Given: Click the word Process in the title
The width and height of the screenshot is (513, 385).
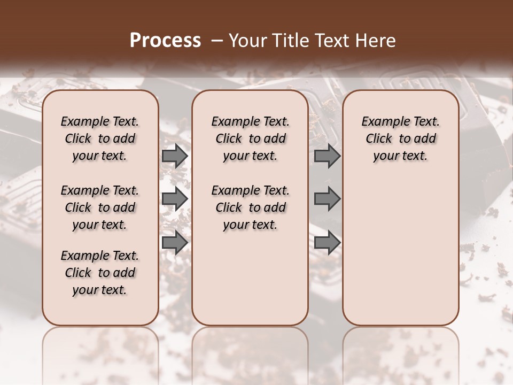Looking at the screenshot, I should click(x=165, y=40).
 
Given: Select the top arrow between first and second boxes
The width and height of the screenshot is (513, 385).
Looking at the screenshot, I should click(x=174, y=156).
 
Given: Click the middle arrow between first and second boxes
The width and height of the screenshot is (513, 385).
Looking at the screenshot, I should click(x=174, y=199).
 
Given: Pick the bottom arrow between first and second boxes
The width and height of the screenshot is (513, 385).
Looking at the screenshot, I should click(x=174, y=242).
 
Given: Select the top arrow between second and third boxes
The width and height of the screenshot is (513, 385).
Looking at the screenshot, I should click(x=327, y=156).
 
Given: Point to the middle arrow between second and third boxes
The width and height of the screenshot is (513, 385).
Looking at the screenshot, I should click(x=327, y=199).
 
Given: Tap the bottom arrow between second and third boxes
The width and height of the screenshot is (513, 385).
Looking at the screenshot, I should click(x=327, y=242).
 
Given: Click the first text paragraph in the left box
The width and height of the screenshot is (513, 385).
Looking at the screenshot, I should click(x=100, y=138).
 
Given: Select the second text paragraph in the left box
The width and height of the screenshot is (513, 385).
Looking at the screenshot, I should click(x=100, y=207).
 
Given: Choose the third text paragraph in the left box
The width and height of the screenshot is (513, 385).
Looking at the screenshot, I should click(x=100, y=273).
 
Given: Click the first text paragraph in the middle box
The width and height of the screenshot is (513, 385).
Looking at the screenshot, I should click(x=250, y=138).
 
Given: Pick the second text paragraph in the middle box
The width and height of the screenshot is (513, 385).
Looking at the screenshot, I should click(x=250, y=207).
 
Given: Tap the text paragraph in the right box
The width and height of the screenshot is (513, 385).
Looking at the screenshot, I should click(x=400, y=138).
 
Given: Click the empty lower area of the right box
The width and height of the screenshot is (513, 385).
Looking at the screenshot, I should click(x=400, y=251).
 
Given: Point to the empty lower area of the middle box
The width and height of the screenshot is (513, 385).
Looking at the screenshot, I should click(x=250, y=278).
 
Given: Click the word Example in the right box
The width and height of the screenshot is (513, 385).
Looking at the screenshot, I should click(x=381, y=121).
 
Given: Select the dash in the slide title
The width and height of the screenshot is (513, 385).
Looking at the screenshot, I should click(x=216, y=41).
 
